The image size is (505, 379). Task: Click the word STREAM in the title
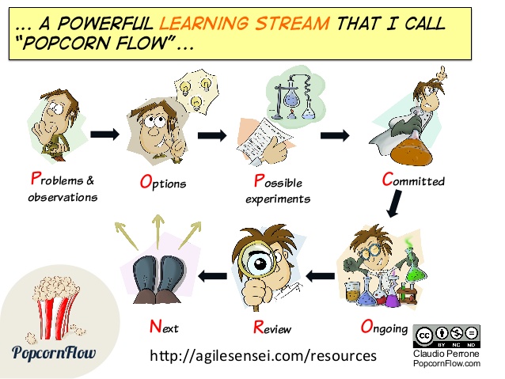pyautogui.click(x=292, y=24)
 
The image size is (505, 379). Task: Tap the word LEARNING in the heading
pyautogui.click(x=204, y=24)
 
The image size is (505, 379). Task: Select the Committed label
pyautogui.click(x=413, y=180)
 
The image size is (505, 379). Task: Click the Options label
pyautogui.click(x=163, y=182)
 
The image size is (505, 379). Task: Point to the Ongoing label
pyautogui.click(x=384, y=327)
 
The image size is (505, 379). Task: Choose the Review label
pyautogui.click(x=272, y=328)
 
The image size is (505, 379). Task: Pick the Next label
pyautogui.click(x=164, y=327)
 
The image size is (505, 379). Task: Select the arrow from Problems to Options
pyautogui.click(x=104, y=134)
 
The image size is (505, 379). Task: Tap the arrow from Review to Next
pyautogui.click(x=213, y=276)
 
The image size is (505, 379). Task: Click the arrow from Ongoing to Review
pyautogui.click(x=320, y=276)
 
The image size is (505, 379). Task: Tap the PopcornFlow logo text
pyautogui.click(x=54, y=352)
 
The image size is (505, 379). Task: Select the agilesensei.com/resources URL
pyautogui.click(x=263, y=356)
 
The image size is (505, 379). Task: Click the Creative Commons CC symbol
pyautogui.click(x=424, y=335)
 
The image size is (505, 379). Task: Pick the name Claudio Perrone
pyautogui.click(x=446, y=354)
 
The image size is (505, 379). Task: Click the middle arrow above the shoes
pyautogui.click(x=158, y=232)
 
